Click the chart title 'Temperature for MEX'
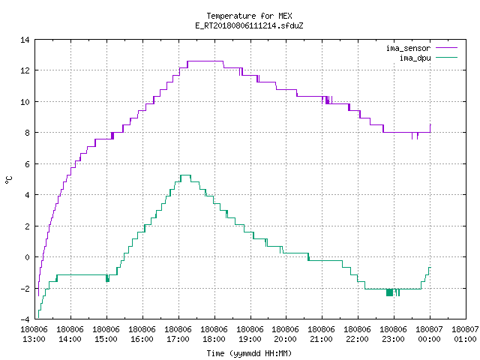249,16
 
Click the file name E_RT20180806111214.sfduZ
249,25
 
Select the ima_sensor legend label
408,48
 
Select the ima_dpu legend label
415,58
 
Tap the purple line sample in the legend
447,48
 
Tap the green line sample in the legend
447,57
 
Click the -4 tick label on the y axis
25,319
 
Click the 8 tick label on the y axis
27,133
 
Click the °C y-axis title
8,179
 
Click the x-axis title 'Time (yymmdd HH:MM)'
249,353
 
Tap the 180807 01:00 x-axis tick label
465,334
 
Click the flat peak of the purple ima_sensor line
205,61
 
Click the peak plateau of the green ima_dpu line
185,175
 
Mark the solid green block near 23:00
389,292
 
